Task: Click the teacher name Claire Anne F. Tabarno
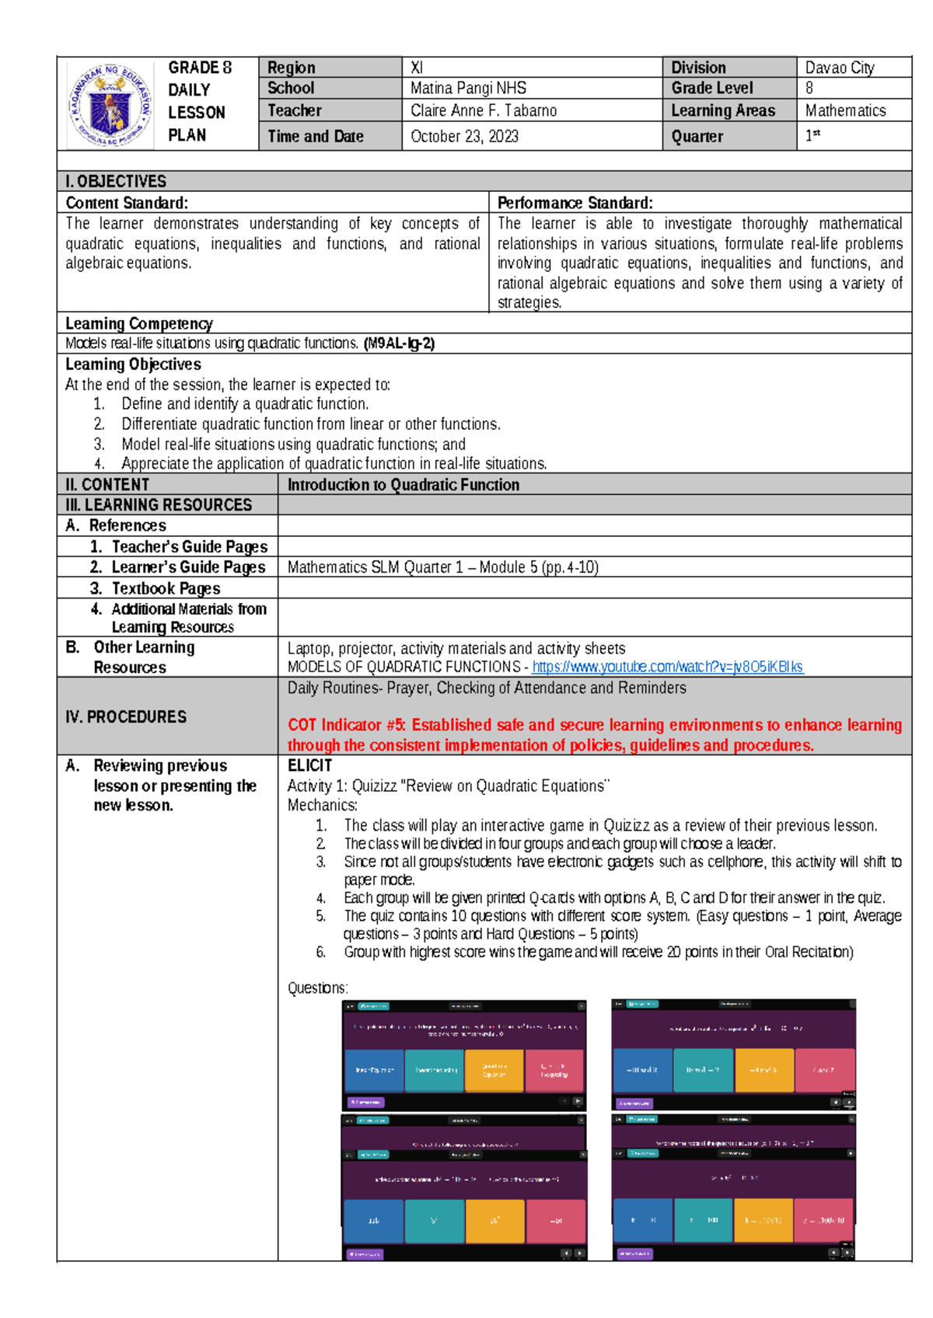point(483,110)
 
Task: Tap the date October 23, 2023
point(464,137)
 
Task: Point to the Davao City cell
point(840,68)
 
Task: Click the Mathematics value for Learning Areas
point(845,110)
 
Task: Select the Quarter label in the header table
point(697,137)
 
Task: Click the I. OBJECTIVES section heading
point(116,181)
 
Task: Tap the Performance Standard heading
point(575,203)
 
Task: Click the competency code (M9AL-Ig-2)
point(399,343)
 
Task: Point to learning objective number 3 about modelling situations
point(293,445)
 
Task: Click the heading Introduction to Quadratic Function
point(404,485)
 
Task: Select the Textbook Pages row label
point(166,588)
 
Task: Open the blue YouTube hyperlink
point(667,667)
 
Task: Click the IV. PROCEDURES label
point(126,717)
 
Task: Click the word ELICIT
point(309,765)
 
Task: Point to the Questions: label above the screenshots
point(317,988)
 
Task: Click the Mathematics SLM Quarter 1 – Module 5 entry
point(442,567)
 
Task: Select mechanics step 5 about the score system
point(622,925)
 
